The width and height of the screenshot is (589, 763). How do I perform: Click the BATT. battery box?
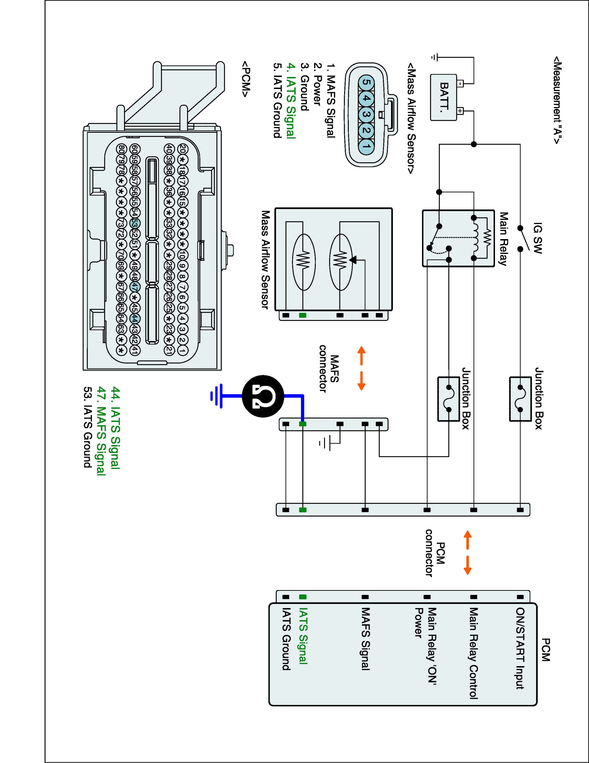443,97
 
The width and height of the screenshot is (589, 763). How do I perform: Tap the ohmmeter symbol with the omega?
262,396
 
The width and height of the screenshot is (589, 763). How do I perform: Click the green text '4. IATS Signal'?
291,101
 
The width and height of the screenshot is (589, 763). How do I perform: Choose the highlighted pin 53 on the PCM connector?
135,223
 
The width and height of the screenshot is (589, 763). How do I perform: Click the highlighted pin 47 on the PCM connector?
135,286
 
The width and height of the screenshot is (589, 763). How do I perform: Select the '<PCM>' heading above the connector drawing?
246,80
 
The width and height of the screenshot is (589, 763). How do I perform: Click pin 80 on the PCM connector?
121,149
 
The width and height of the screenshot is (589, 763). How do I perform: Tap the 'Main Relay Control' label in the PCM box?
473,653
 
